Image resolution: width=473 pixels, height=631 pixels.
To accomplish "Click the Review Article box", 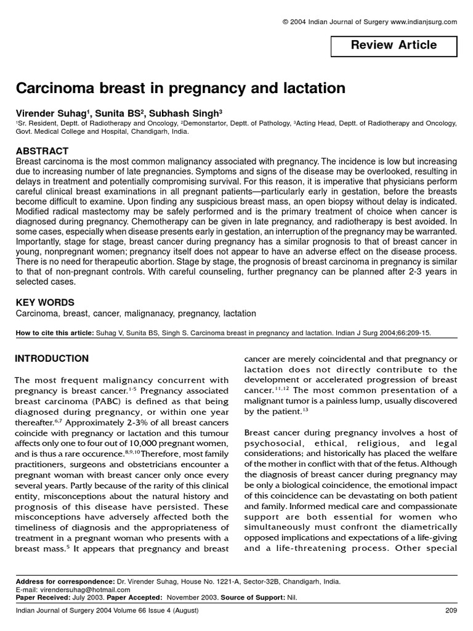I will (394, 46).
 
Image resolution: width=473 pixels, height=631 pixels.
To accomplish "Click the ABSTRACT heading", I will (41, 151).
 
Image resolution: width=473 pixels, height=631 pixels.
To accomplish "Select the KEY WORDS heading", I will (44, 303).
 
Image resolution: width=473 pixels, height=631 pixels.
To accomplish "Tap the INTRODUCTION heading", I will (52, 359).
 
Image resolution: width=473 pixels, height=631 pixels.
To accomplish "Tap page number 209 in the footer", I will (450, 611).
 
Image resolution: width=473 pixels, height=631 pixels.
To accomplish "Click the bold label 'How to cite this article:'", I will (55, 333).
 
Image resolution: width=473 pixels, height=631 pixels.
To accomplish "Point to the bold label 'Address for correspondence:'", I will (65, 581).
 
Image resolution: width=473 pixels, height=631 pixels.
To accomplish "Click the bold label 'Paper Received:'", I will (42, 597).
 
